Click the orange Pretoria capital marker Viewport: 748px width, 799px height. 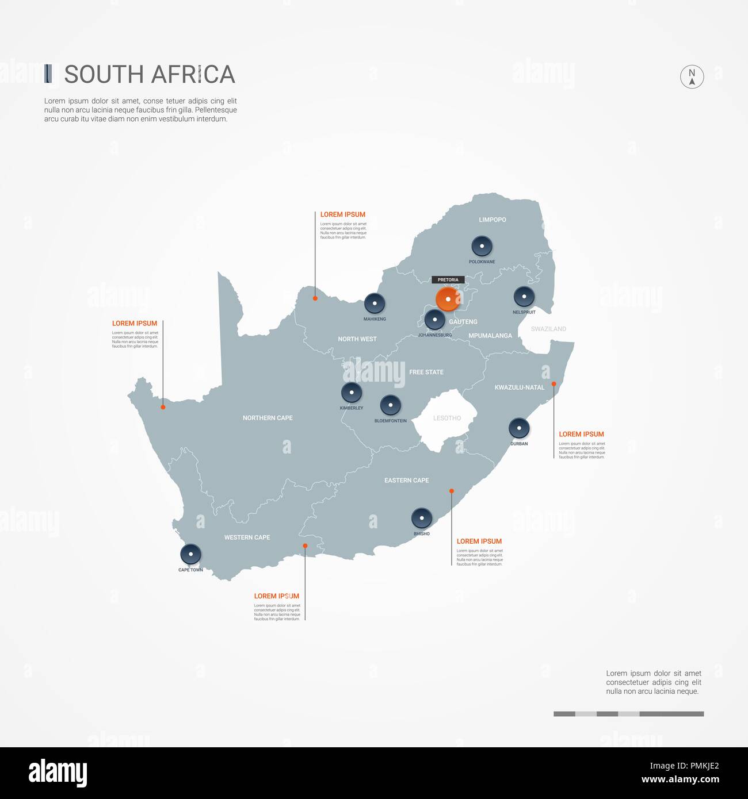click(x=447, y=299)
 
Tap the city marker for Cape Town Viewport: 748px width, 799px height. click(x=190, y=554)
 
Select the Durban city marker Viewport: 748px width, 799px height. click(x=519, y=428)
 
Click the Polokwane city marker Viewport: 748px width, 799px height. click(x=482, y=246)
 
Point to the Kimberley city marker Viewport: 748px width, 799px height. click(x=352, y=393)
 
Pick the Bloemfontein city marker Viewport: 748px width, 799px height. click(x=391, y=405)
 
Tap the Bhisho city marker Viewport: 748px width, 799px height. click(x=422, y=518)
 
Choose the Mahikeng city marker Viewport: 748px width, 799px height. click(x=375, y=303)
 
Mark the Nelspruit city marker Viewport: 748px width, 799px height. click(x=524, y=297)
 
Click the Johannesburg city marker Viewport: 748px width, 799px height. click(x=434, y=320)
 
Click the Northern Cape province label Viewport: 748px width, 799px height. click(x=268, y=418)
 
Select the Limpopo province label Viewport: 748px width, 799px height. click(x=493, y=220)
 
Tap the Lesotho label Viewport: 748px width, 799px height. click(x=447, y=418)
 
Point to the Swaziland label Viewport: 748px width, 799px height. click(x=548, y=329)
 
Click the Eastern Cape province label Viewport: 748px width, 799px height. click(x=406, y=481)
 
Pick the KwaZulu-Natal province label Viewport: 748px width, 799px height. click(x=519, y=387)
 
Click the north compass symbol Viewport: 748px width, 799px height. click(x=692, y=76)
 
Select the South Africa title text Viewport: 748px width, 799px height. click(x=150, y=75)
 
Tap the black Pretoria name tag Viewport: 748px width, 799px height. click(x=448, y=280)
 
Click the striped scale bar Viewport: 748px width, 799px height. click(x=628, y=714)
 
